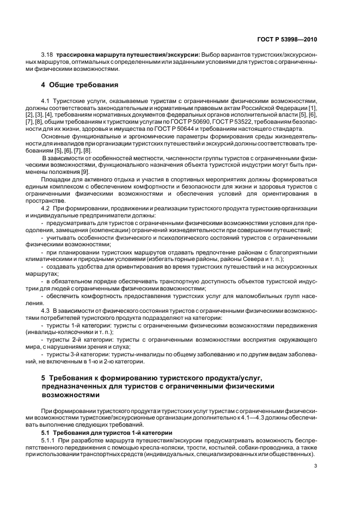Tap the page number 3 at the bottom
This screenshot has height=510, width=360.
[316, 466]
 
